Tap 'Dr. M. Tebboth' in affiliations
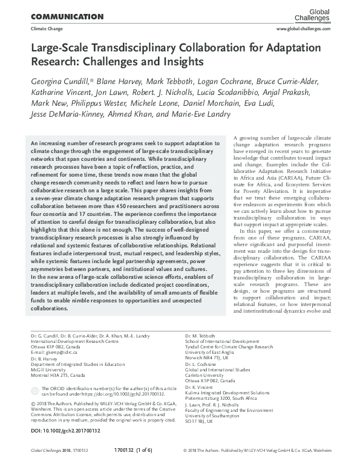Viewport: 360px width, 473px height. [x=200, y=334]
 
